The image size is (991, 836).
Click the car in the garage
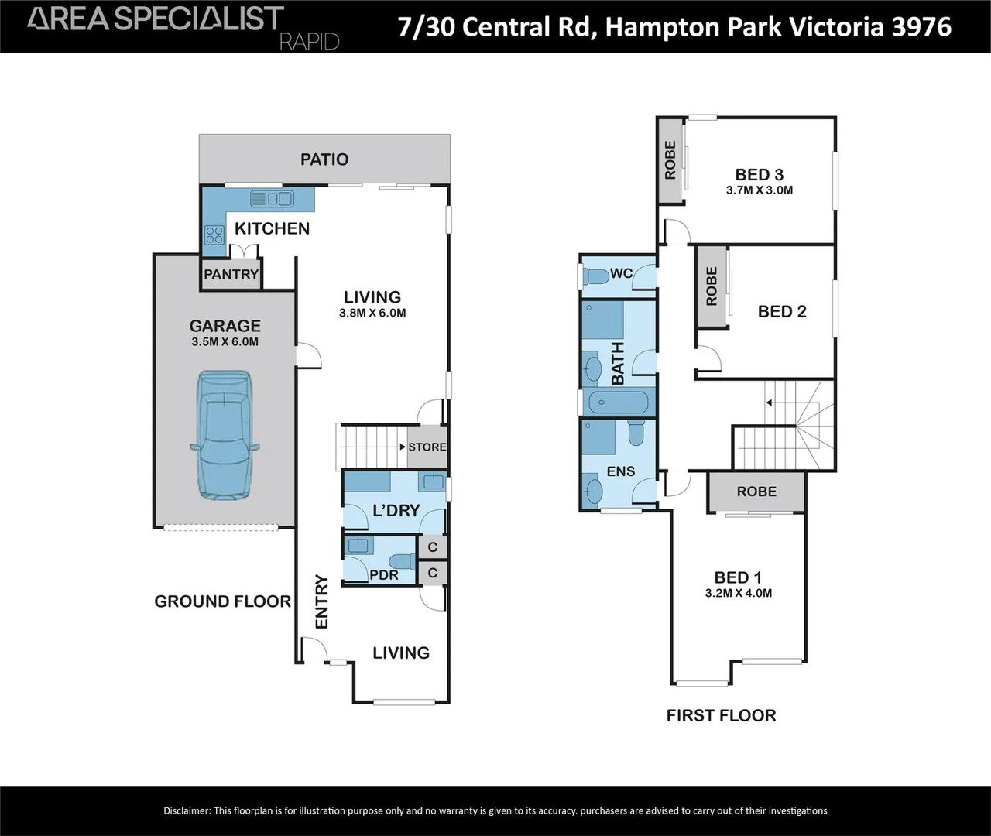click(225, 435)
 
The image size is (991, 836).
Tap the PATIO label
click(324, 159)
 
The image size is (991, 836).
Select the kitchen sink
click(272, 198)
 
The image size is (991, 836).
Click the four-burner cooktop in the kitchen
click(214, 235)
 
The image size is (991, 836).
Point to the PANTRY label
click(231, 274)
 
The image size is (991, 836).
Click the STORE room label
click(427, 447)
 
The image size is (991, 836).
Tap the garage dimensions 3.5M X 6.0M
click(225, 341)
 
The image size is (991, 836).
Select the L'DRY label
click(396, 511)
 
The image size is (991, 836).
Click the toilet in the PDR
click(403, 561)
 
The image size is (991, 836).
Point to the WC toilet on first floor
click(595, 276)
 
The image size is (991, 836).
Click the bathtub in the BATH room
click(619, 403)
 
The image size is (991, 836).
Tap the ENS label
click(621, 471)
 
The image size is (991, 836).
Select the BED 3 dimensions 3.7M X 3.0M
click(760, 190)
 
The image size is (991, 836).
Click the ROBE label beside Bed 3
click(670, 160)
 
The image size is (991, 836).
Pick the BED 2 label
click(782, 312)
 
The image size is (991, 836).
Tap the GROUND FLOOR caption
click(223, 601)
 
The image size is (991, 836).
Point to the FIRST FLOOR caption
click(721, 715)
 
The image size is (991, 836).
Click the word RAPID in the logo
click(310, 42)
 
